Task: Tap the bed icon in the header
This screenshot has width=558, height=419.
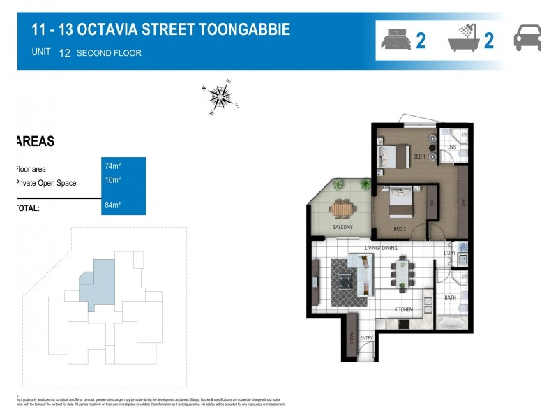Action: [396, 39]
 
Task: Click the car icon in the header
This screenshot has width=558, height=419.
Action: [527, 38]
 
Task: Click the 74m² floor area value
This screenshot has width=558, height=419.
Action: [113, 166]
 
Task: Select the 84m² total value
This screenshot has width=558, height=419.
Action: [113, 205]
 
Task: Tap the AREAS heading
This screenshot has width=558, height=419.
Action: [35, 141]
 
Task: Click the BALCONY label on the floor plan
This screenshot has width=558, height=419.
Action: [342, 227]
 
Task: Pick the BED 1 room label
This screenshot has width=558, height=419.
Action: [419, 156]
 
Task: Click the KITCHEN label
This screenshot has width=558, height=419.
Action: [403, 309]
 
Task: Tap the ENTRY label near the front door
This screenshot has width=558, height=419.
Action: [366, 339]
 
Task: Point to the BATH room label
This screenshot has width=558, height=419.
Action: [450, 298]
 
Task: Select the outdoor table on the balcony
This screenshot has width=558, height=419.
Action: [342, 209]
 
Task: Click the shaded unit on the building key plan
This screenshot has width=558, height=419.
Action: [98, 281]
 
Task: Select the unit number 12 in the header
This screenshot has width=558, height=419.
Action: [65, 52]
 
